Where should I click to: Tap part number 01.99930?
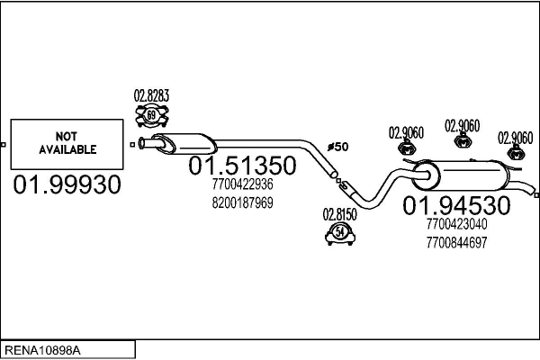67,185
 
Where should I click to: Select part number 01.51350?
241,166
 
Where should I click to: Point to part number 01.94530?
456,205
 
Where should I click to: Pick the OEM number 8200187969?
242,202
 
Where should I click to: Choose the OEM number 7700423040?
457,225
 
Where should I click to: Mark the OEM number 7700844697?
457,241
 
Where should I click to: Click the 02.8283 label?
152,95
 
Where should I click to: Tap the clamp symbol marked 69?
152,114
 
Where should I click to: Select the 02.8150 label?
340,215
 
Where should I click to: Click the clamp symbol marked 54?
340,235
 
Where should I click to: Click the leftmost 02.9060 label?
407,132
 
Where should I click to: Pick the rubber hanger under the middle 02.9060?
463,141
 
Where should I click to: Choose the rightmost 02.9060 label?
516,137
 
